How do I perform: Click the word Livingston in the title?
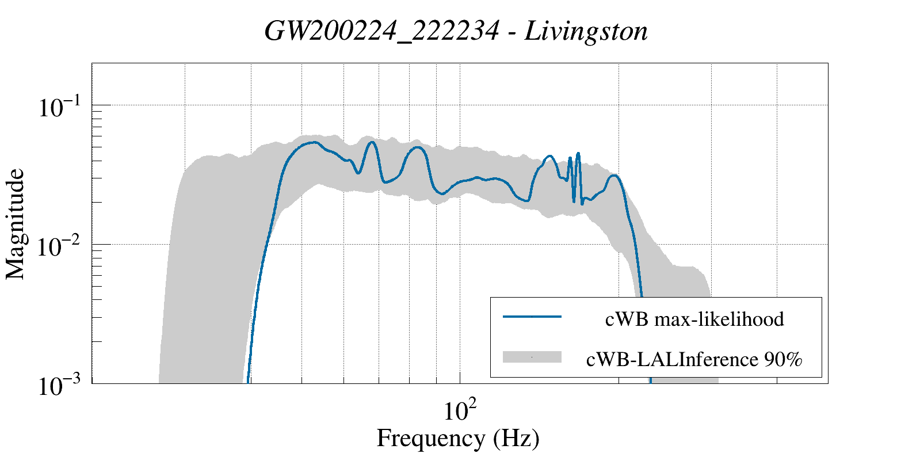click(x=586, y=31)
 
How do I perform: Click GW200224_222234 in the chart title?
click(x=381, y=31)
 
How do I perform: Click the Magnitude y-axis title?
click(x=16, y=224)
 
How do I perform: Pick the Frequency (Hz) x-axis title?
click(x=458, y=438)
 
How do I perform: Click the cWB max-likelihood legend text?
click(x=694, y=318)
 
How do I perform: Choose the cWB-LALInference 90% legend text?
click(x=694, y=359)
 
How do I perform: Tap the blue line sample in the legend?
click(x=532, y=317)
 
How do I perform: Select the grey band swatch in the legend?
click(x=532, y=357)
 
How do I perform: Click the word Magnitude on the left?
click(x=16, y=224)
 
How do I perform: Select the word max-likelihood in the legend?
click(x=719, y=318)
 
